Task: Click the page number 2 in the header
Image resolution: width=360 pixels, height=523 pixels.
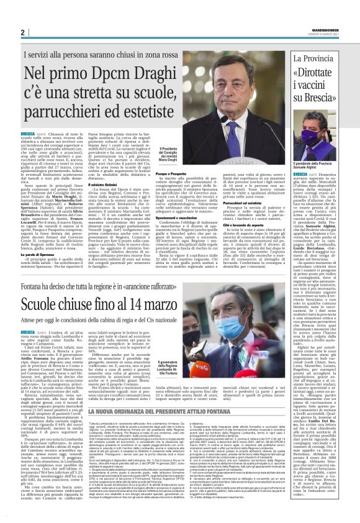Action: (x=22, y=32)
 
